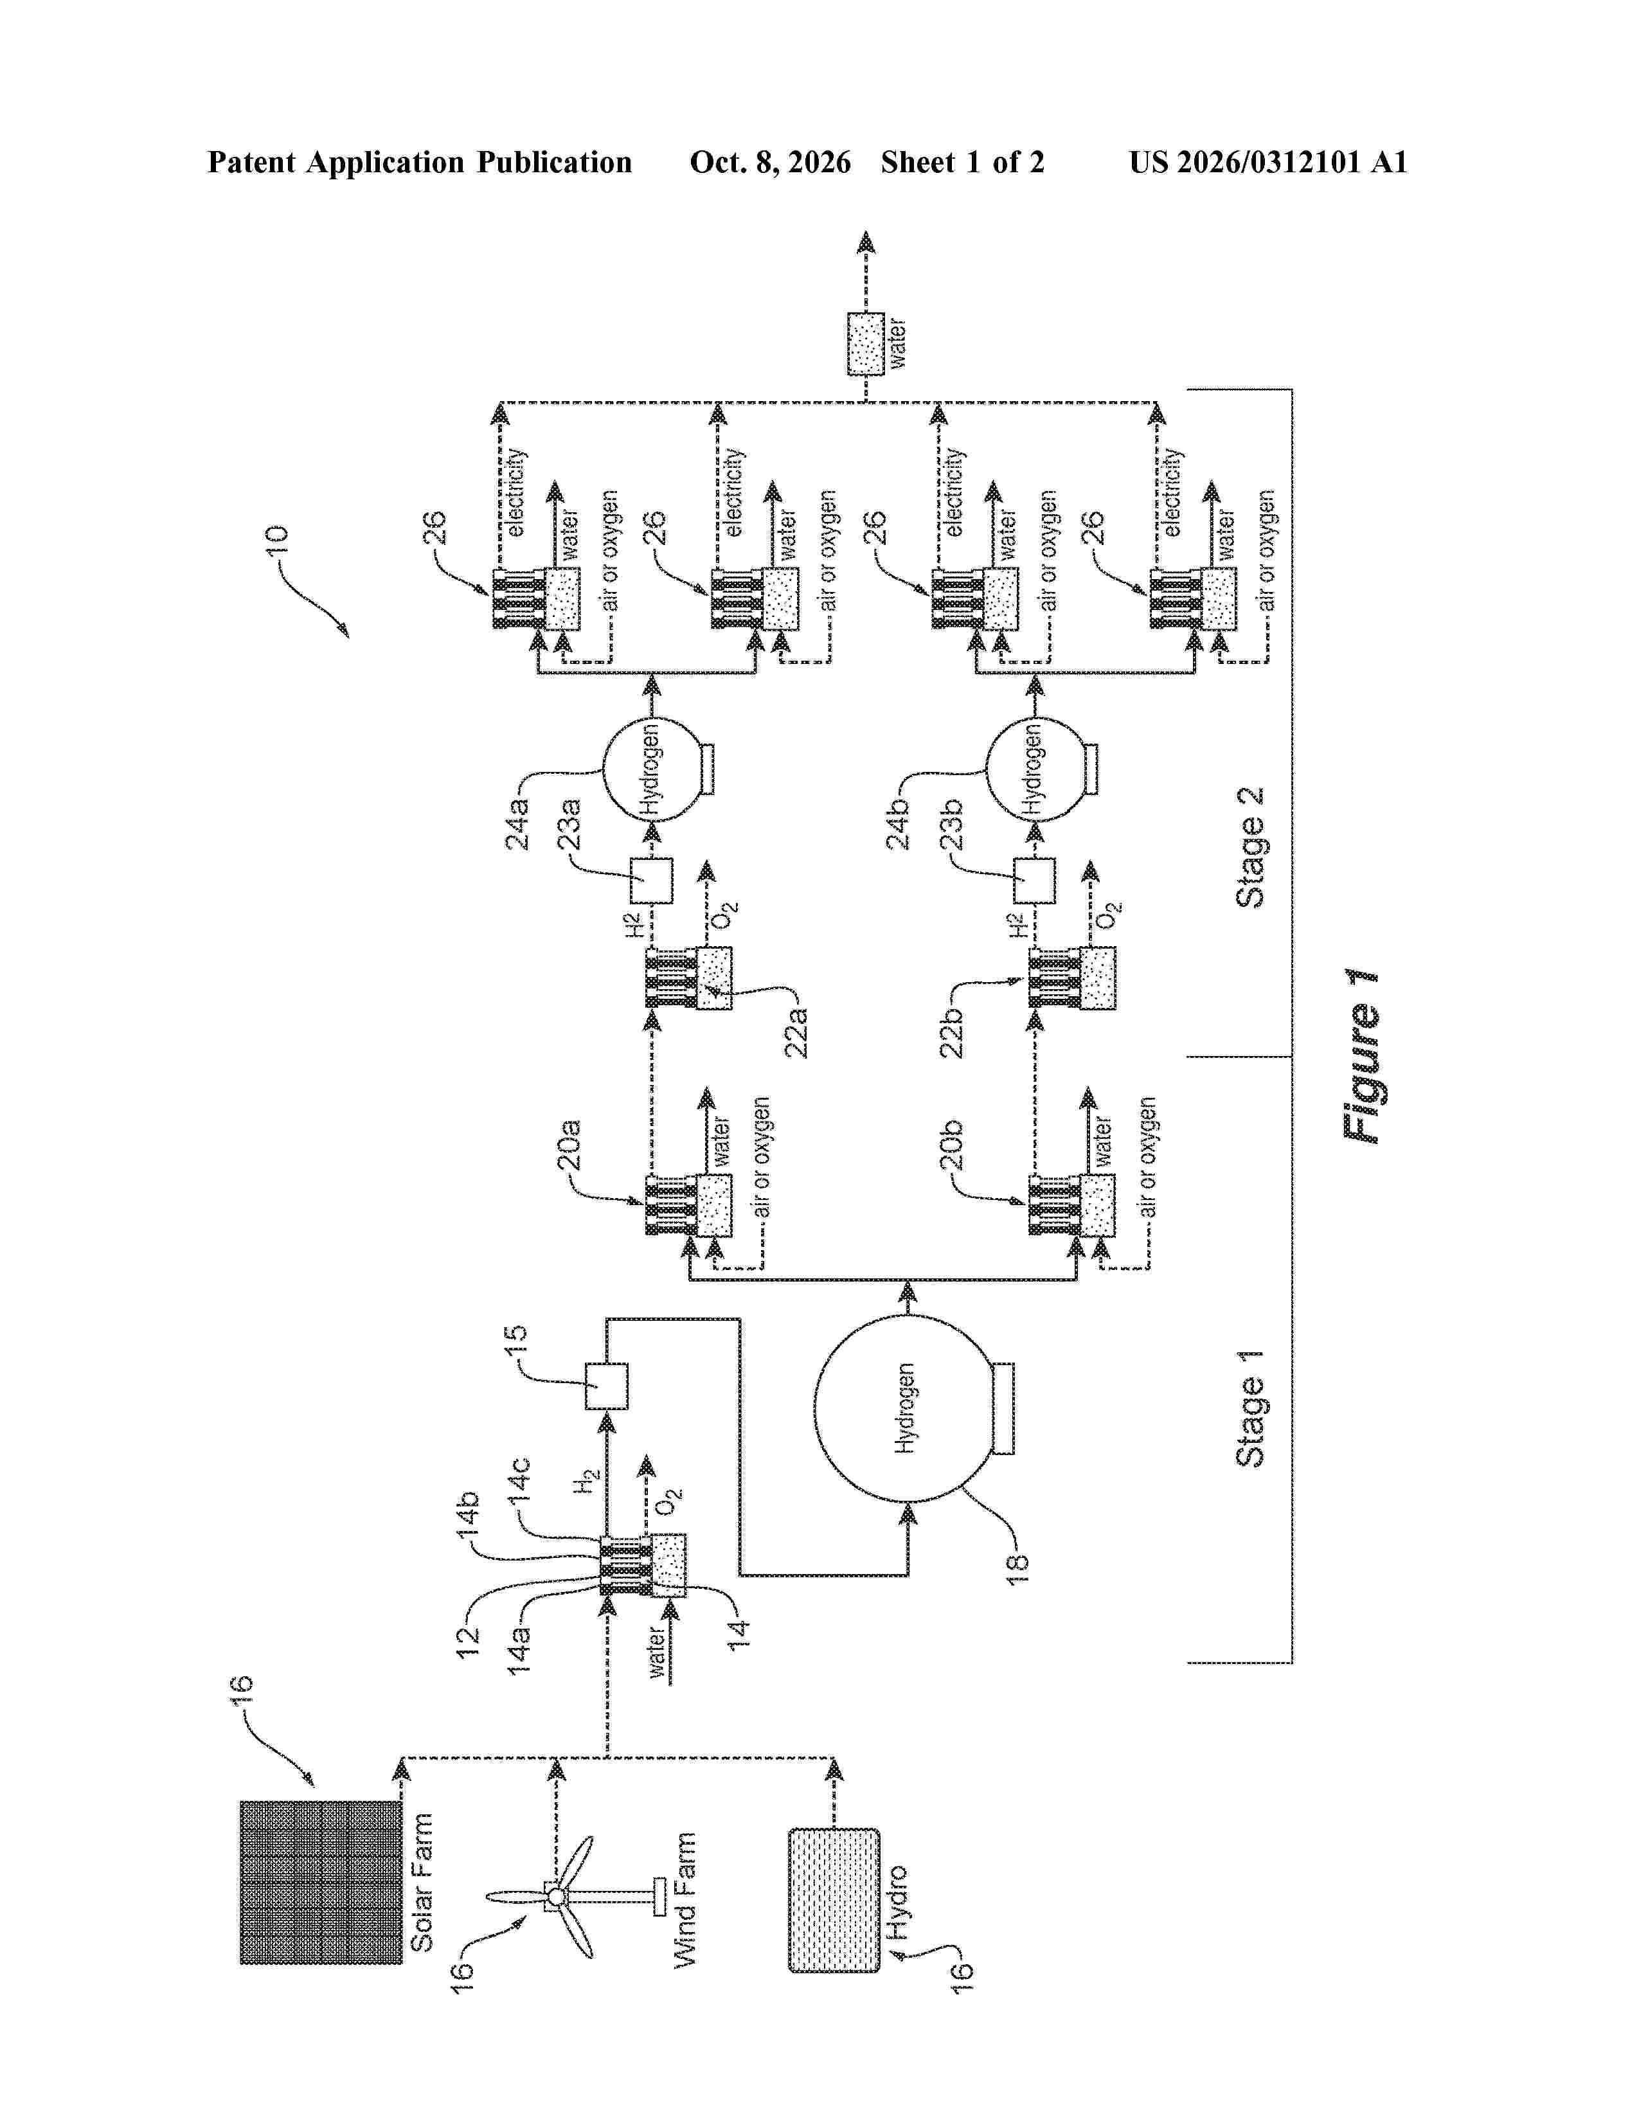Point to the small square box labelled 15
pyautogui.click(x=606, y=1386)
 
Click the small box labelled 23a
pyautogui.click(x=652, y=881)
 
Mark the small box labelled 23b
pyautogui.click(x=1034, y=881)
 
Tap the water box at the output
pyautogui.click(x=865, y=344)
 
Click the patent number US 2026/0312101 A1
pyautogui.click(x=1268, y=162)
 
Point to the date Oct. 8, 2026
pyautogui.click(x=770, y=162)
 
